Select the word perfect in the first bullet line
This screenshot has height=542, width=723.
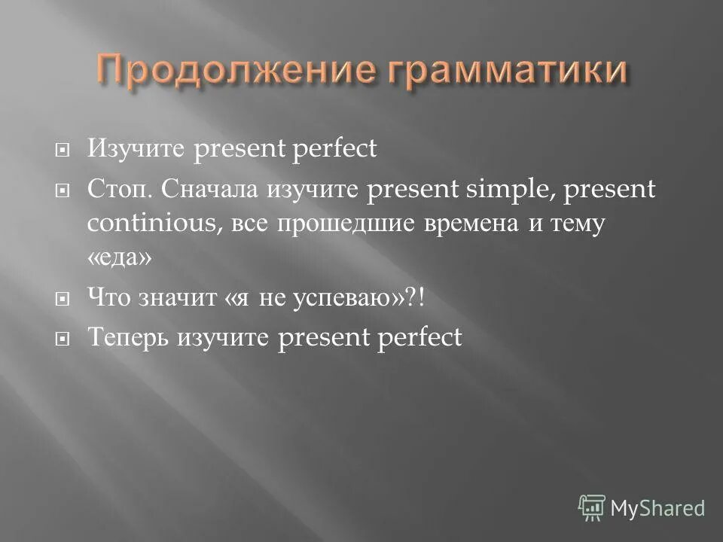click(333, 149)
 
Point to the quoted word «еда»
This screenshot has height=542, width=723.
click(119, 257)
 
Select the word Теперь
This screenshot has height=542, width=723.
click(128, 338)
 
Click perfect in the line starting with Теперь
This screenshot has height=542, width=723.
click(418, 338)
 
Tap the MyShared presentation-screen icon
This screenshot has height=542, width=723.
click(591, 508)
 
